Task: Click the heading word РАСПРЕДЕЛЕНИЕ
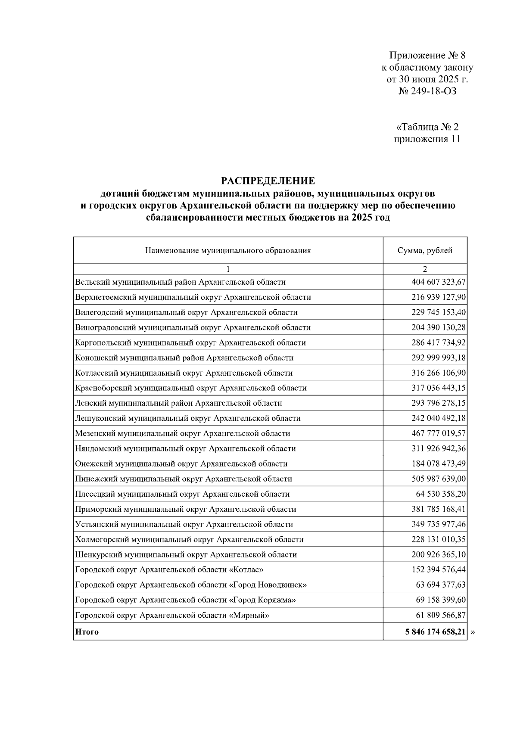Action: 268,181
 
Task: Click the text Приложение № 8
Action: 427,56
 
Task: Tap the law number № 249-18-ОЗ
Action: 427,91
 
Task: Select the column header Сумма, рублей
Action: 425,251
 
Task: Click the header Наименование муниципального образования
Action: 228,251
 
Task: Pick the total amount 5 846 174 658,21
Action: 435,632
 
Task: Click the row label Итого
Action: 87,632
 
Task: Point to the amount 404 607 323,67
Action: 438,282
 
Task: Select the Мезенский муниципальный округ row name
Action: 182,434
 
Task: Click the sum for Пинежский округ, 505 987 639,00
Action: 438,479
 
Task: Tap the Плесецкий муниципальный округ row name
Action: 182,494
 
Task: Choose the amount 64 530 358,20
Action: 441,494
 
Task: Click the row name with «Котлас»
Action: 169,570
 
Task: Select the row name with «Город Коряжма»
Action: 185,600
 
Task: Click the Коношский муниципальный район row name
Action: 184,358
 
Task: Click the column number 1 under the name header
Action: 228,269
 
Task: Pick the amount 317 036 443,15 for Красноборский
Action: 438,388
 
